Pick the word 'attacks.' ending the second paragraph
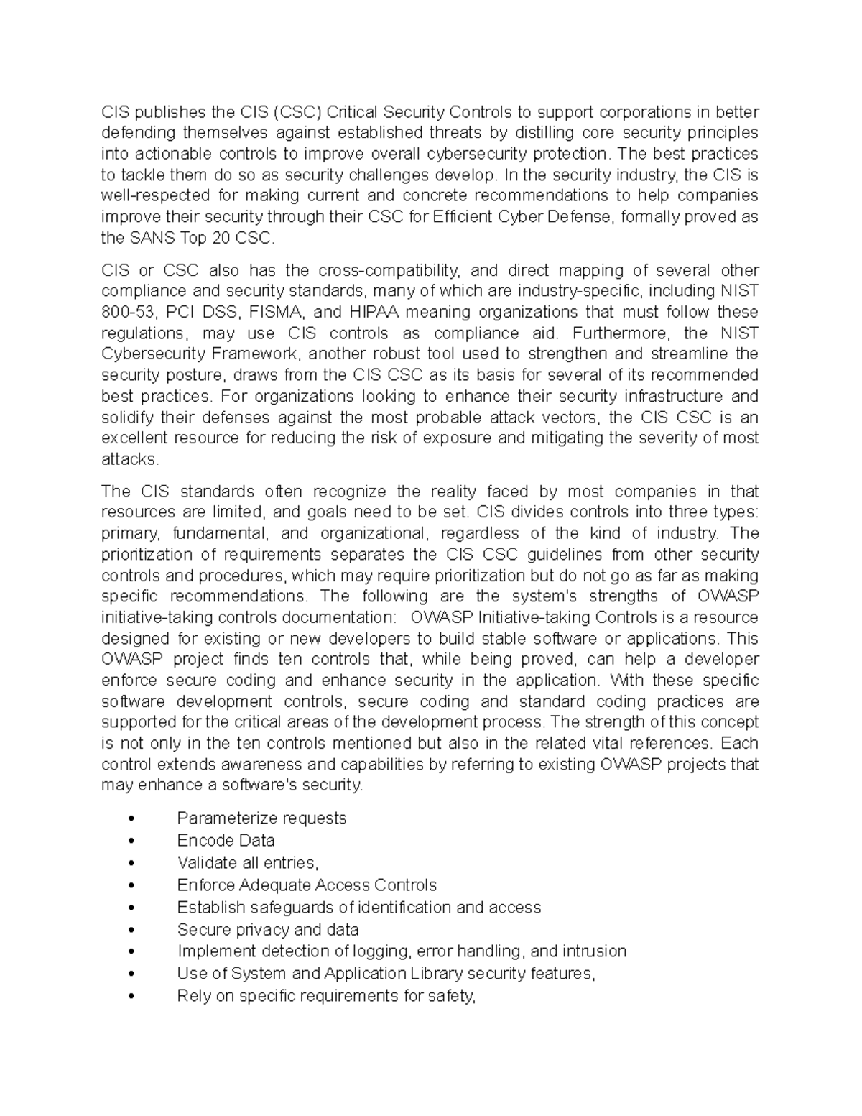point(129,459)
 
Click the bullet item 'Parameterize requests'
point(261,818)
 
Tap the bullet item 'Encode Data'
point(226,841)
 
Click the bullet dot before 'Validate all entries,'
point(130,863)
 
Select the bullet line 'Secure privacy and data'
point(268,930)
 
